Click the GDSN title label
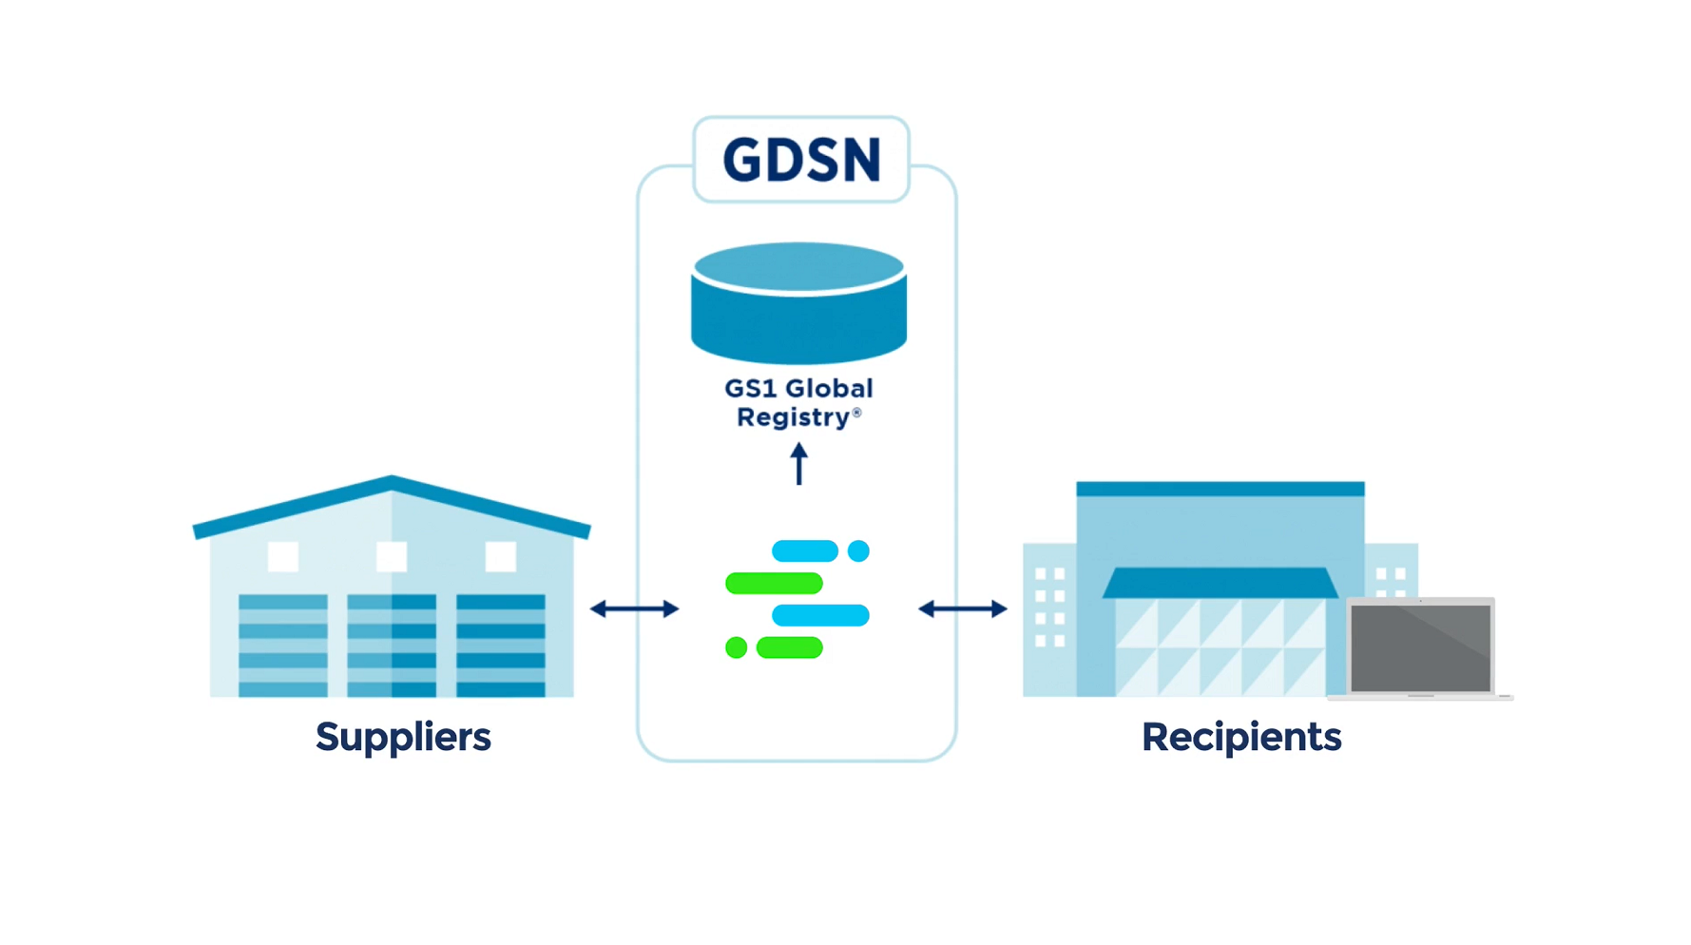click(x=801, y=160)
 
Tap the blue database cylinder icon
click(x=798, y=304)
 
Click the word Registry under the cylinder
click(x=792, y=417)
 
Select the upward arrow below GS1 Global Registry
click(x=799, y=464)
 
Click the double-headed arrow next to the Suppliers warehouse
click(x=634, y=608)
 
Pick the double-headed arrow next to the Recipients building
click(x=962, y=608)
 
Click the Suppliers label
click(x=403, y=737)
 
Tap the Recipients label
click(x=1240, y=737)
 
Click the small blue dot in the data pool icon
click(x=858, y=551)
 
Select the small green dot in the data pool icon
click(x=736, y=648)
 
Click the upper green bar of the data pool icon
click(x=774, y=583)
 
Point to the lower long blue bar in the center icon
click(x=820, y=615)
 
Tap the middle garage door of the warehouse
click(x=392, y=645)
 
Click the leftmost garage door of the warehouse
click(x=283, y=645)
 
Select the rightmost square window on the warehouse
click(x=501, y=556)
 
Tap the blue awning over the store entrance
click(x=1220, y=583)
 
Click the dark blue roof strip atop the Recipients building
click(x=1220, y=489)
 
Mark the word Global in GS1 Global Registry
click(x=830, y=389)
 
